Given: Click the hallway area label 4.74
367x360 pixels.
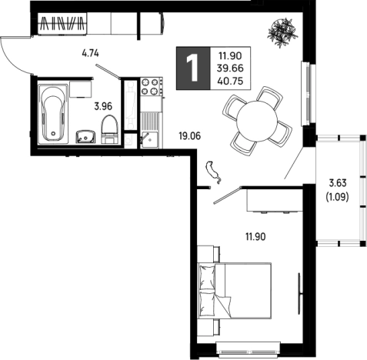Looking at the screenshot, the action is (x=90, y=54).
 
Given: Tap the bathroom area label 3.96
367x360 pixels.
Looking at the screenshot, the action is (x=103, y=106).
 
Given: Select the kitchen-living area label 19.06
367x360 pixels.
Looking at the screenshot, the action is (x=190, y=136).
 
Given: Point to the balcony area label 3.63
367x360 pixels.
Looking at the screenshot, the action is (x=338, y=183).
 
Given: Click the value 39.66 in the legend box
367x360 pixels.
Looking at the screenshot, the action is (x=230, y=68).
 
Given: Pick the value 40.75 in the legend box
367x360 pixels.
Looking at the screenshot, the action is (x=230, y=82).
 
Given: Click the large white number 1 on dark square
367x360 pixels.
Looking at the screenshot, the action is (x=192, y=68).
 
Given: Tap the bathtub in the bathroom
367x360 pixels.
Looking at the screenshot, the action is (x=53, y=112).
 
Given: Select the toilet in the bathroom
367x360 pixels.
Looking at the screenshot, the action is (x=109, y=129).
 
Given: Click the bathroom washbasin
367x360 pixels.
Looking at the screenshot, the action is (x=85, y=137).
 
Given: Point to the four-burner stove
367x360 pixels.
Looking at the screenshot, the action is (x=150, y=86).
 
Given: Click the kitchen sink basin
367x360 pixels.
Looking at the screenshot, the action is (x=150, y=139).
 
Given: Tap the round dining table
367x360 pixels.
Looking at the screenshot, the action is (x=257, y=121).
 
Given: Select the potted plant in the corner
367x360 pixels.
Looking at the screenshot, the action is (x=282, y=32).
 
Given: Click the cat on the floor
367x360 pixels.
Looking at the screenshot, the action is (x=213, y=172).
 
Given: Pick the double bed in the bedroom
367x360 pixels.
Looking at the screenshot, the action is (x=235, y=291).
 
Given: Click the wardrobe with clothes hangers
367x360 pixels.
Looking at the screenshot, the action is (x=62, y=23).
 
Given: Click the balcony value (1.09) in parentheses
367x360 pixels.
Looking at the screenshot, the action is (x=337, y=197).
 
